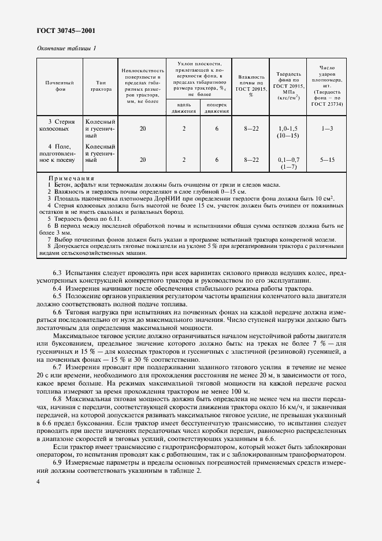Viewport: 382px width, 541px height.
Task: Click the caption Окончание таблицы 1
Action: [66, 49]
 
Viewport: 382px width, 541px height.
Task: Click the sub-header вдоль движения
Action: [183, 107]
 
